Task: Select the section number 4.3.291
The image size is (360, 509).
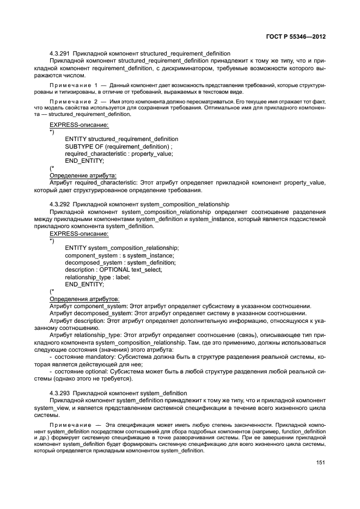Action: pyautogui.click(x=59, y=53)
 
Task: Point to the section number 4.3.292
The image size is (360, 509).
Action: pyautogui.click(x=59, y=204)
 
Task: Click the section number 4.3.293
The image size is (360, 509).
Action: pyautogui.click(x=59, y=393)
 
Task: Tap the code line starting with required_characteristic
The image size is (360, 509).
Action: pyautogui.click(x=119, y=154)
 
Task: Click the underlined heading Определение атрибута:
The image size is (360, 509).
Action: pyautogui.click(x=83, y=176)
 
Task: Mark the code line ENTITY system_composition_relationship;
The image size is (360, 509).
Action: pyautogui.click(x=121, y=248)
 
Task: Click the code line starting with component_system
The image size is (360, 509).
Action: pyautogui.click(x=119, y=255)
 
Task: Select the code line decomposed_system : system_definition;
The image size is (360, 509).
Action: pyautogui.click(x=120, y=262)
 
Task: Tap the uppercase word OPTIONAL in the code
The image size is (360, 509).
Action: pyautogui.click(x=115, y=269)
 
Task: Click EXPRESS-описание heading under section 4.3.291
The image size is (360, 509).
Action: pyautogui.click(x=78, y=125)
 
